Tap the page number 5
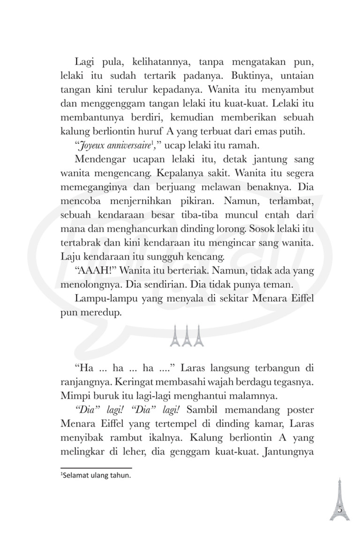(x=340, y=510)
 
